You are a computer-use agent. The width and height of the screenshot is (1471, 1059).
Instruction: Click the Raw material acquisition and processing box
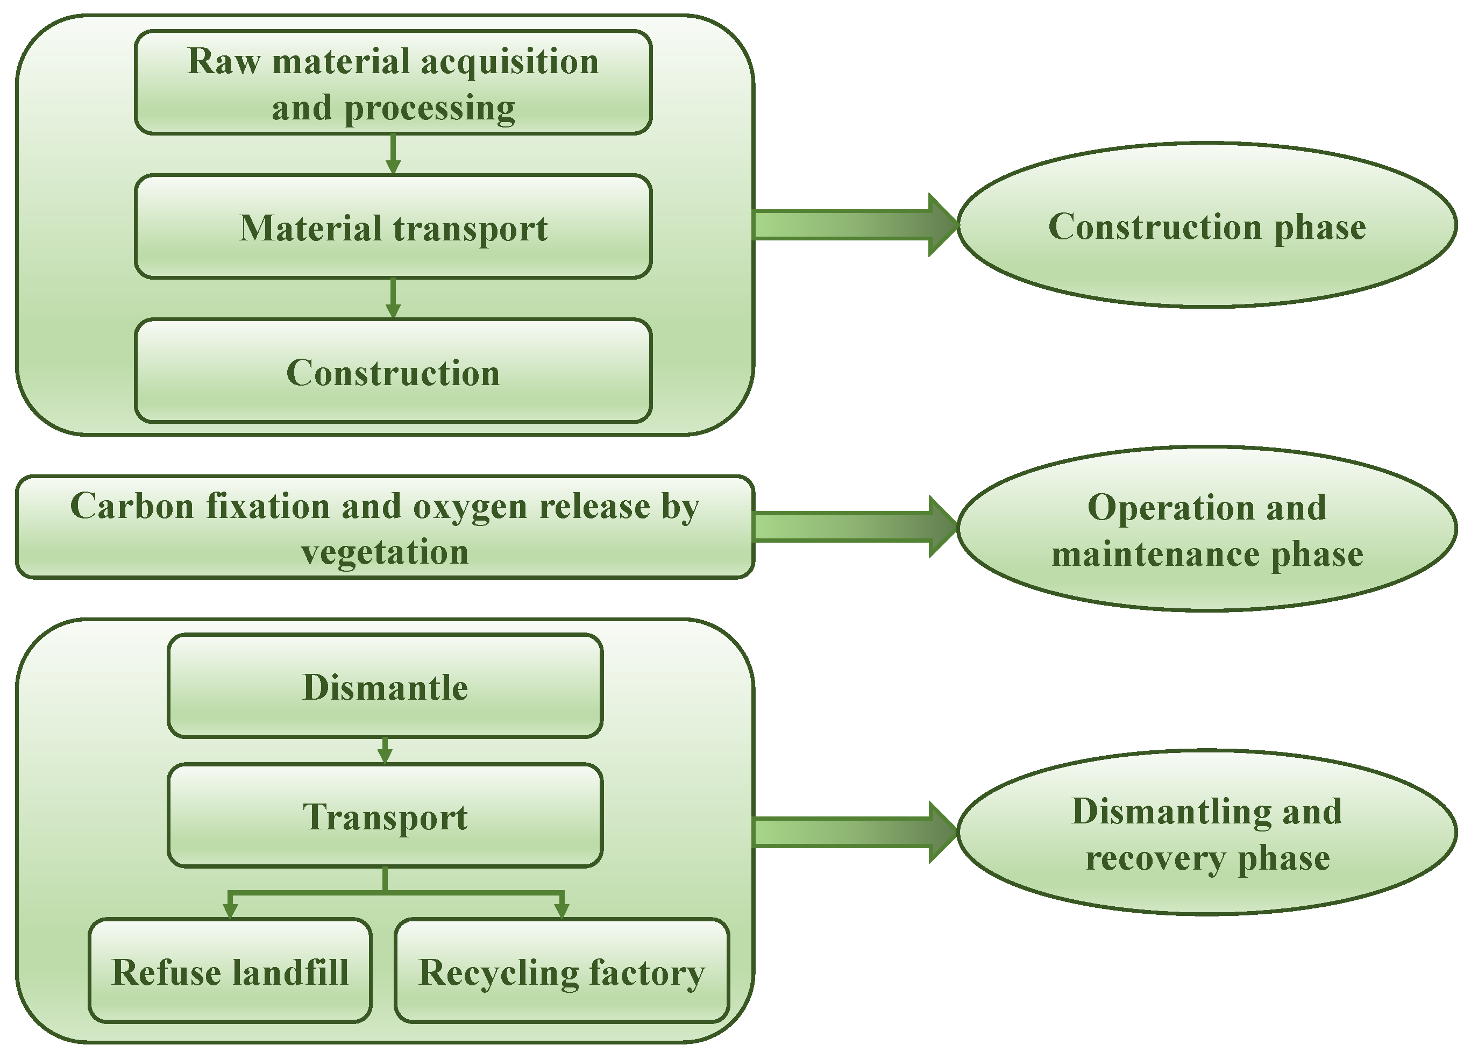click(393, 82)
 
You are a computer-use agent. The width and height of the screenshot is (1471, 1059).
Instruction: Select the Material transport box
click(393, 227)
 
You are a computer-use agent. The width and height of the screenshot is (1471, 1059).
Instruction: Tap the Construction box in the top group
click(393, 372)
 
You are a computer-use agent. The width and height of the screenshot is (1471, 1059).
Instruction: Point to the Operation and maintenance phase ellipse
click(1207, 529)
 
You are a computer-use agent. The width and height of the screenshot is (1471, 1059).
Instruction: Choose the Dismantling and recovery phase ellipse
click(1207, 833)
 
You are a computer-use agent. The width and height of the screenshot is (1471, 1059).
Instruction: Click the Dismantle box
click(385, 686)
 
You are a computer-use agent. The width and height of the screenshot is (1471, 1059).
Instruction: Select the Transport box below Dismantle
click(385, 816)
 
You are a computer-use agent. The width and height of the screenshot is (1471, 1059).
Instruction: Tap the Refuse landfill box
click(230, 971)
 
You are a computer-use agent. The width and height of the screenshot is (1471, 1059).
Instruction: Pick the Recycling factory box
click(562, 971)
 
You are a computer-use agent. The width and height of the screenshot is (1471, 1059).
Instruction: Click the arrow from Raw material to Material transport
click(393, 155)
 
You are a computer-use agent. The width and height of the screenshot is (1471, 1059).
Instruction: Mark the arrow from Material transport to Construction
click(393, 300)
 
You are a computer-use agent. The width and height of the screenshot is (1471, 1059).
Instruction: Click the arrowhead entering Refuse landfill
click(230, 911)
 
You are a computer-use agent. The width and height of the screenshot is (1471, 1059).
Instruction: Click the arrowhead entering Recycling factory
click(562, 911)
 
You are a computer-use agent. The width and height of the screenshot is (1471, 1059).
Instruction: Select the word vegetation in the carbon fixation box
click(385, 552)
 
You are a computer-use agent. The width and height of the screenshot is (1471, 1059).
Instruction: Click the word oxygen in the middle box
click(466, 507)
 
